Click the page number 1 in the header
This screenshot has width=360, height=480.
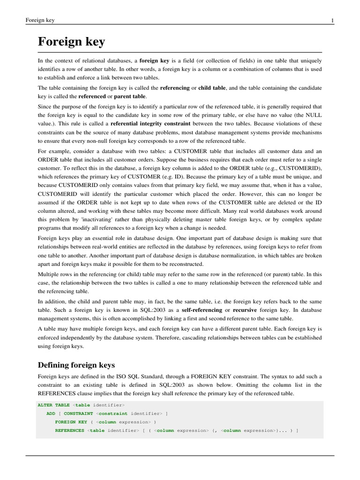click(332, 21)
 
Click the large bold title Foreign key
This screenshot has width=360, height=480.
click(71, 42)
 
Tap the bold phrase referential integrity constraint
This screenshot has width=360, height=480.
click(150, 123)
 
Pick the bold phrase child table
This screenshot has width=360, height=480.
click(212, 88)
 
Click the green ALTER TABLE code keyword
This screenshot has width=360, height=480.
click(53, 405)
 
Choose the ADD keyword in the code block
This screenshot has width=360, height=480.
click(51, 413)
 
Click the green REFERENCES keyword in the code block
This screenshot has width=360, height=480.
click(69, 430)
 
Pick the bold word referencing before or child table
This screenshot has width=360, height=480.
click(174, 88)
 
